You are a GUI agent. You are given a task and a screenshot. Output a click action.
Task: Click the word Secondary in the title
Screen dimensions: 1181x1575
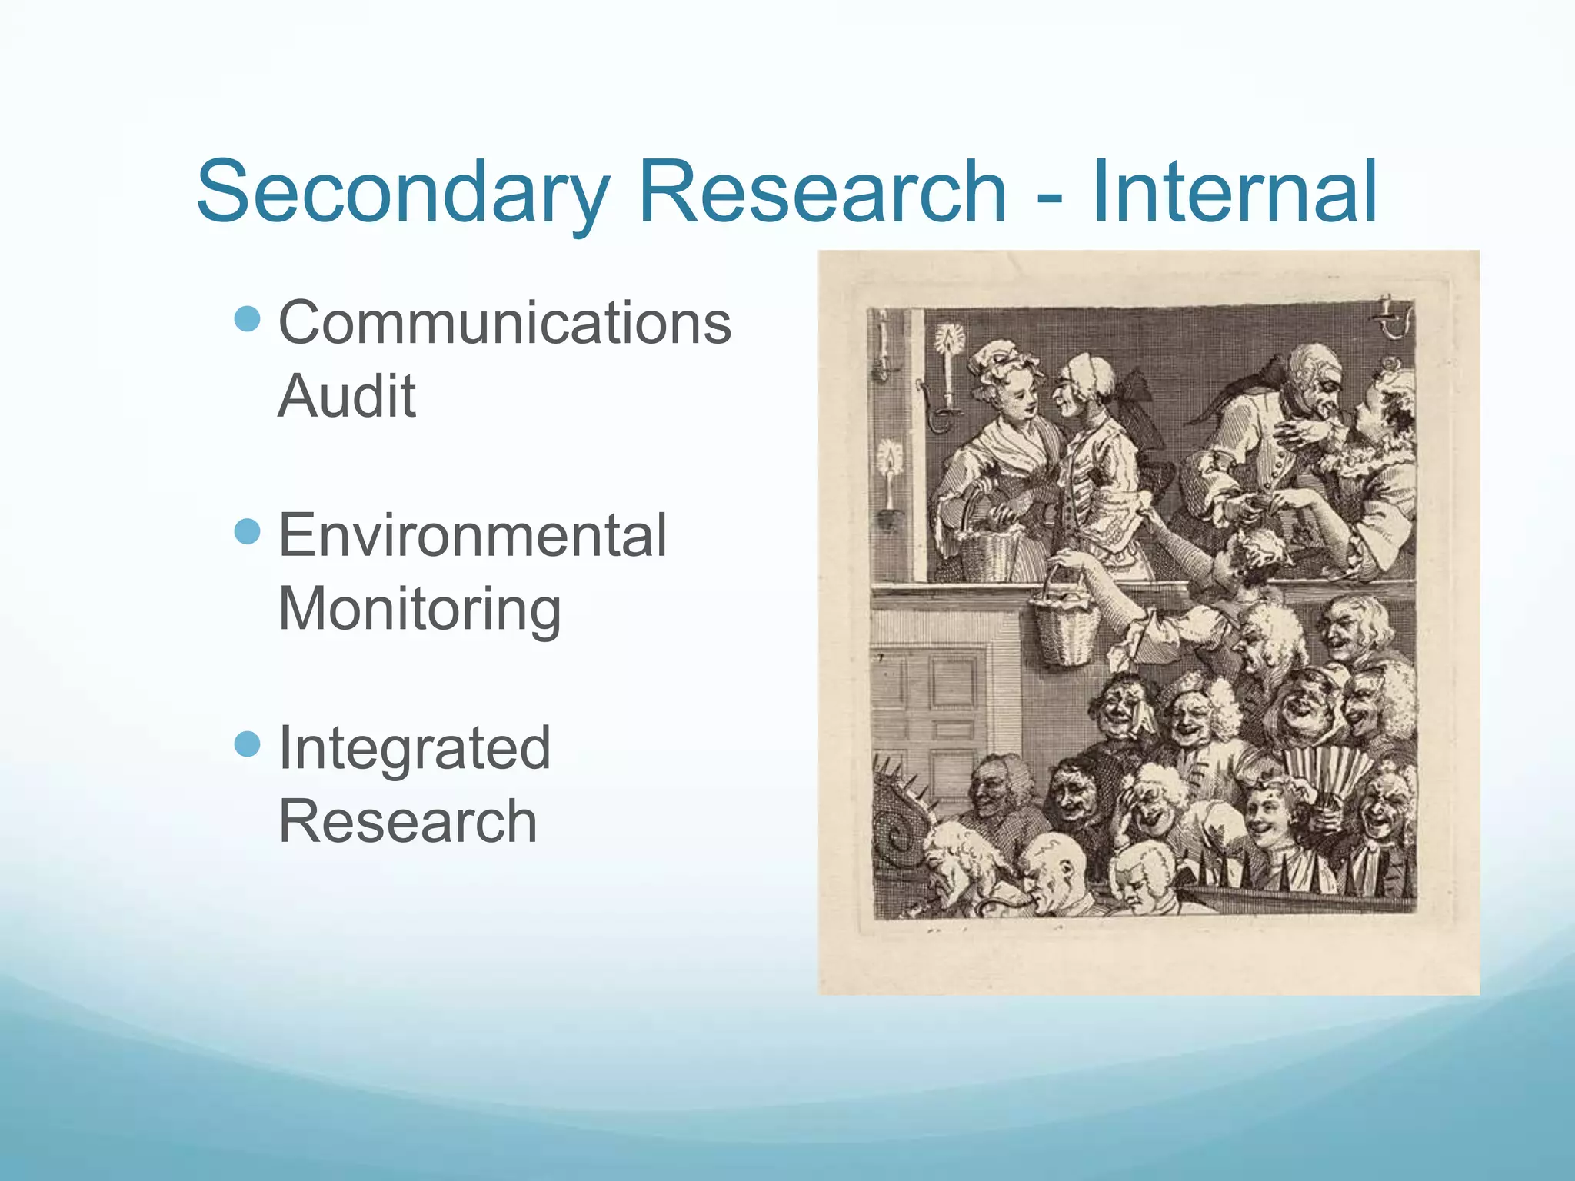(x=403, y=192)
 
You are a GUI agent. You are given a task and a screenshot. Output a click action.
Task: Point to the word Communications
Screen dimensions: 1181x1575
(x=504, y=323)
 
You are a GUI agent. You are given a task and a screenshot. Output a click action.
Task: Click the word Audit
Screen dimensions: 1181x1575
(x=347, y=396)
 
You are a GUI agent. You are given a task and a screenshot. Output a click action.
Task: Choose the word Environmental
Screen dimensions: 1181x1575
(x=472, y=535)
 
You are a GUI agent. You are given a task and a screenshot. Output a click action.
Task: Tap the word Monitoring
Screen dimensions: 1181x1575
(x=419, y=609)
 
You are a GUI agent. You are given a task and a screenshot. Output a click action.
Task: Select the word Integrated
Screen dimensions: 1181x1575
(x=415, y=748)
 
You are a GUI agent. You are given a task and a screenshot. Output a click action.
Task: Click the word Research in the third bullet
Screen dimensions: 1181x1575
(x=408, y=821)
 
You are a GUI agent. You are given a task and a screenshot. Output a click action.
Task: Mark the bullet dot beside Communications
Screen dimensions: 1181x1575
(x=247, y=318)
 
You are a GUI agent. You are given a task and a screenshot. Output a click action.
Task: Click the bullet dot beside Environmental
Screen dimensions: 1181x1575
(x=247, y=531)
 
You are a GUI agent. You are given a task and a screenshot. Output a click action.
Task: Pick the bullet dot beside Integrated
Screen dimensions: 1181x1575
(x=247, y=744)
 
